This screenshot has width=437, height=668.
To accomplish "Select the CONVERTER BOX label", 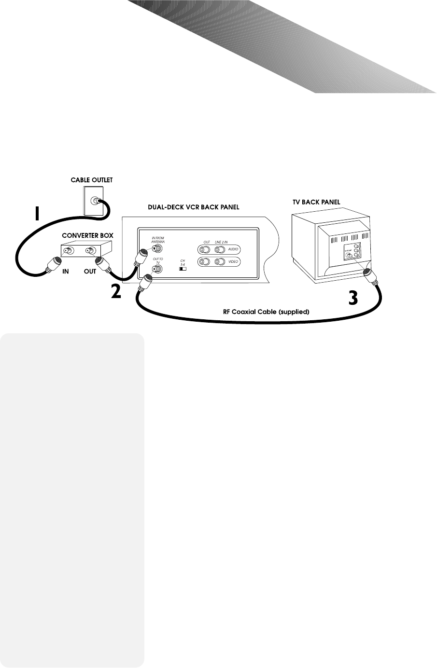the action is pyautogui.click(x=87, y=235).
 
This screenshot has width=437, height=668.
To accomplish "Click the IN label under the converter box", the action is pyautogui.click(x=65, y=271).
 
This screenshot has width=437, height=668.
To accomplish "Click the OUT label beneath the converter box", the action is pyautogui.click(x=90, y=271).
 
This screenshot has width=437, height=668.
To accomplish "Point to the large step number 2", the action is pyautogui.click(x=116, y=292).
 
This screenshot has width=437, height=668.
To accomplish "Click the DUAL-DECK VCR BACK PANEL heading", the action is pyautogui.click(x=193, y=207).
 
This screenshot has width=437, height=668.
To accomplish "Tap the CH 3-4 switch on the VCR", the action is pyautogui.click(x=183, y=269).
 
